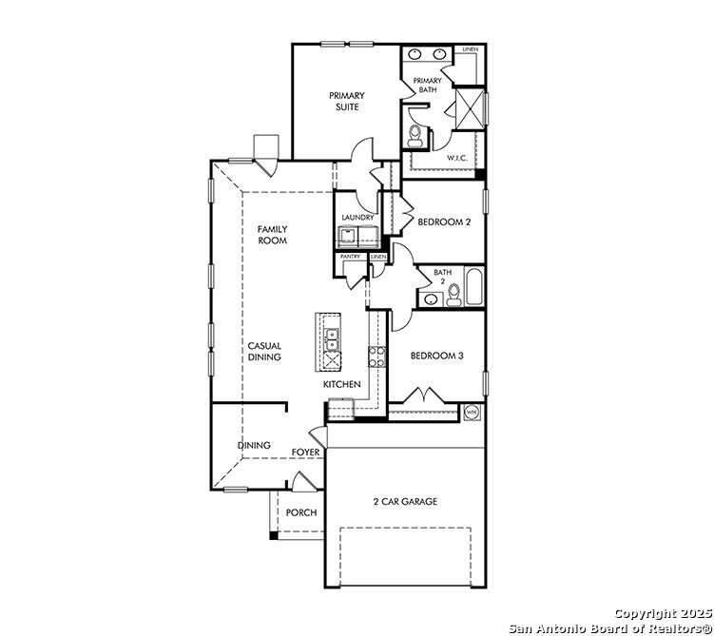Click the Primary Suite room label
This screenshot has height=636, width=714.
[347, 101]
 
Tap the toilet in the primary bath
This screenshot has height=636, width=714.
[415, 136]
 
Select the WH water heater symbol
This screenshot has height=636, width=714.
[472, 413]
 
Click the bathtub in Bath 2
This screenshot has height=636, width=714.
[474, 287]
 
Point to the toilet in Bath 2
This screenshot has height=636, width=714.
[453, 295]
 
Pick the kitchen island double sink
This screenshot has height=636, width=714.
[333, 339]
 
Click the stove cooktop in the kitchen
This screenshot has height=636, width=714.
[377, 357]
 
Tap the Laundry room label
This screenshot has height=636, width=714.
[357, 218]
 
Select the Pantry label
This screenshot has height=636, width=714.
[351, 257]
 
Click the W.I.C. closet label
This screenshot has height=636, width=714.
[456, 158]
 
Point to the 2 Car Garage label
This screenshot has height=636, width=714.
[405, 502]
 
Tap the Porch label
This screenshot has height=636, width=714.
[301, 512]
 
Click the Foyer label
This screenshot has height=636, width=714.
[305, 453]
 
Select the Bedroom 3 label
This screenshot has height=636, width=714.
[437, 356]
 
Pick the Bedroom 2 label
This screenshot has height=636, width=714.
[444, 222]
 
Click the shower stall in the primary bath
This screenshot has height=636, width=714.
[470, 107]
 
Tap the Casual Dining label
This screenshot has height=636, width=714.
[264, 352]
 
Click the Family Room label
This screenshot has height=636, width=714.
[272, 235]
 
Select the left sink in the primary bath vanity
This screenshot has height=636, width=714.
[415, 54]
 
